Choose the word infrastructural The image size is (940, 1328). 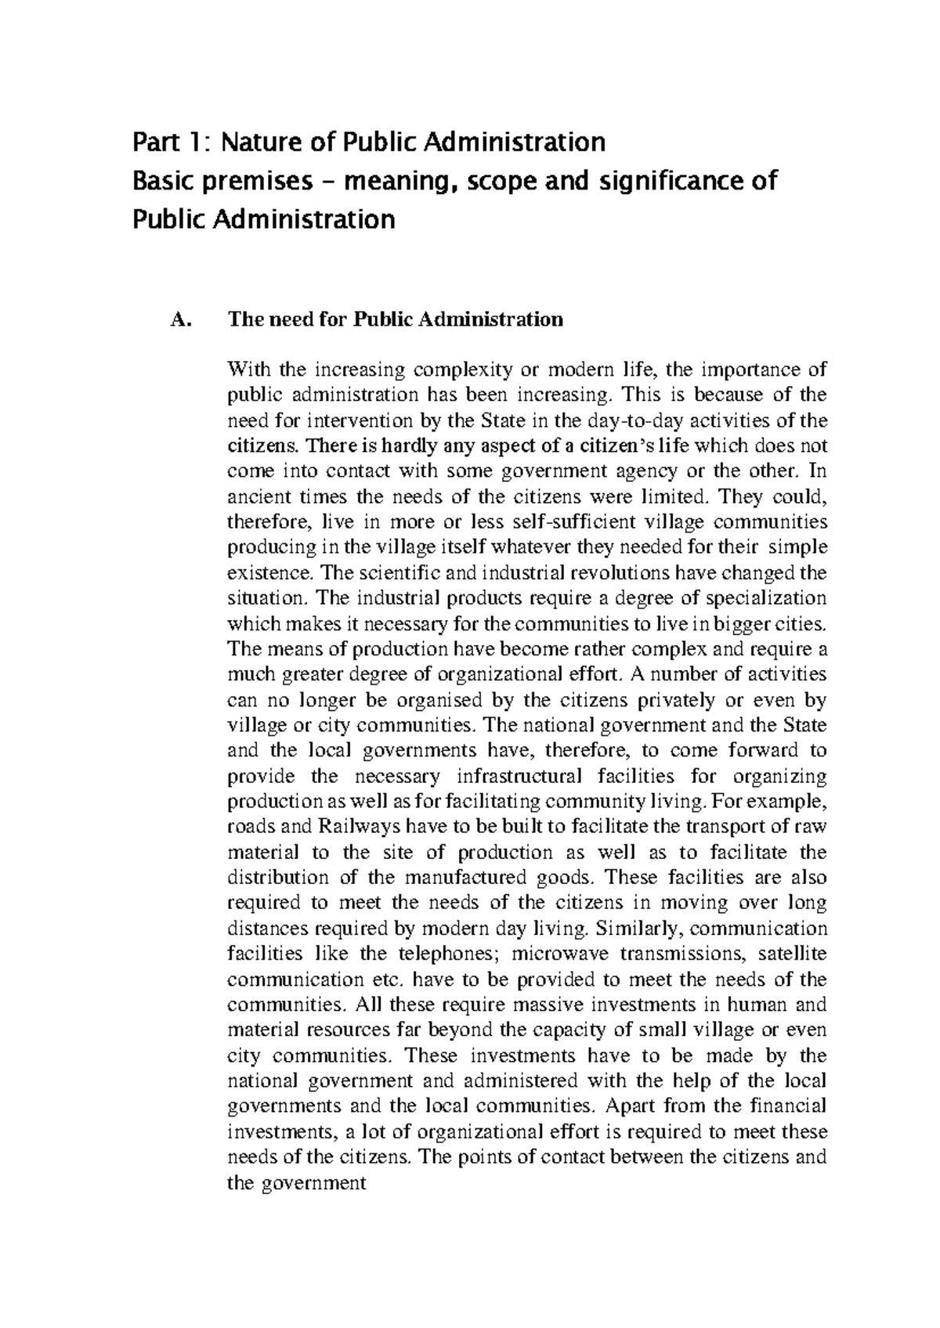519,777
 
